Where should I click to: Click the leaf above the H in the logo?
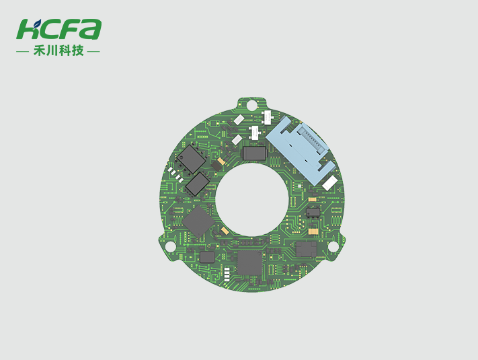pyautogui.click(x=37, y=23)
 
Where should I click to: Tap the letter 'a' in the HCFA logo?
pyautogui.click(x=91, y=30)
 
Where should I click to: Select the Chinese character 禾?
pyautogui.click(x=39, y=50)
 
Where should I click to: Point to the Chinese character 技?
pyautogui.click(x=78, y=50)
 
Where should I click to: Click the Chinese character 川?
pyautogui.click(x=52, y=50)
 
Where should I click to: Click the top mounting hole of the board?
pyautogui.click(x=251, y=105)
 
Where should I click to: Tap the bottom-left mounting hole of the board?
pyautogui.click(x=170, y=246)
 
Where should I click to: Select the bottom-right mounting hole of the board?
pyautogui.click(x=333, y=246)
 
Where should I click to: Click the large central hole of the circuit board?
pyautogui.click(x=252, y=200)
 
